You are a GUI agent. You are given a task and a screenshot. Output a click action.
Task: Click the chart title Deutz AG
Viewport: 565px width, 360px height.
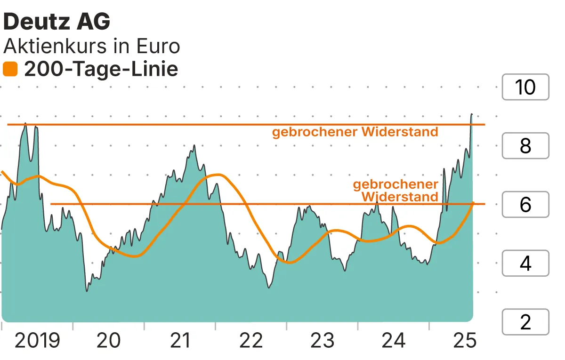(57, 22)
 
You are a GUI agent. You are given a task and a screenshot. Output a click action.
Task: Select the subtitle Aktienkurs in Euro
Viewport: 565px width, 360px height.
(92, 47)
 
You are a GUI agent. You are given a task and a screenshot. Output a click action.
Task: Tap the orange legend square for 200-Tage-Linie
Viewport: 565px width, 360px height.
(10, 70)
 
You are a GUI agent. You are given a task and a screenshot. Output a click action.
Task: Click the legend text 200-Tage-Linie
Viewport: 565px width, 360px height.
(101, 70)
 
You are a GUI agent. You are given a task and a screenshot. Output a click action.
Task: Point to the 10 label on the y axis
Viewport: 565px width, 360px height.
(525, 87)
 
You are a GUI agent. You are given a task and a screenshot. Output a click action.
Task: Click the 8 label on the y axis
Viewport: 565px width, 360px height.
(525, 146)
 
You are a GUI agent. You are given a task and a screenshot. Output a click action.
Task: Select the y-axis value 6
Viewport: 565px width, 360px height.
(525, 205)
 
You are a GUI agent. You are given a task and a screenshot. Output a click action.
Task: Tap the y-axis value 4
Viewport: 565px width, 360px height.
(525, 263)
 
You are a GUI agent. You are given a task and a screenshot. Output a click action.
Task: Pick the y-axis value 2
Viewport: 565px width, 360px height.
(525, 322)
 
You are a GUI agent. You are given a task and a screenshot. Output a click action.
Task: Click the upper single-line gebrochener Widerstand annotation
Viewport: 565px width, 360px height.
(355, 132)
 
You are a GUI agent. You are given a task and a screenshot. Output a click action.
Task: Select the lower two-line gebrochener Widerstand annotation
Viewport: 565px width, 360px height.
(396, 190)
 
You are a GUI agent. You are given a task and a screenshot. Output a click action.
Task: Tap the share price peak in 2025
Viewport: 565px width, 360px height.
(472, 114)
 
